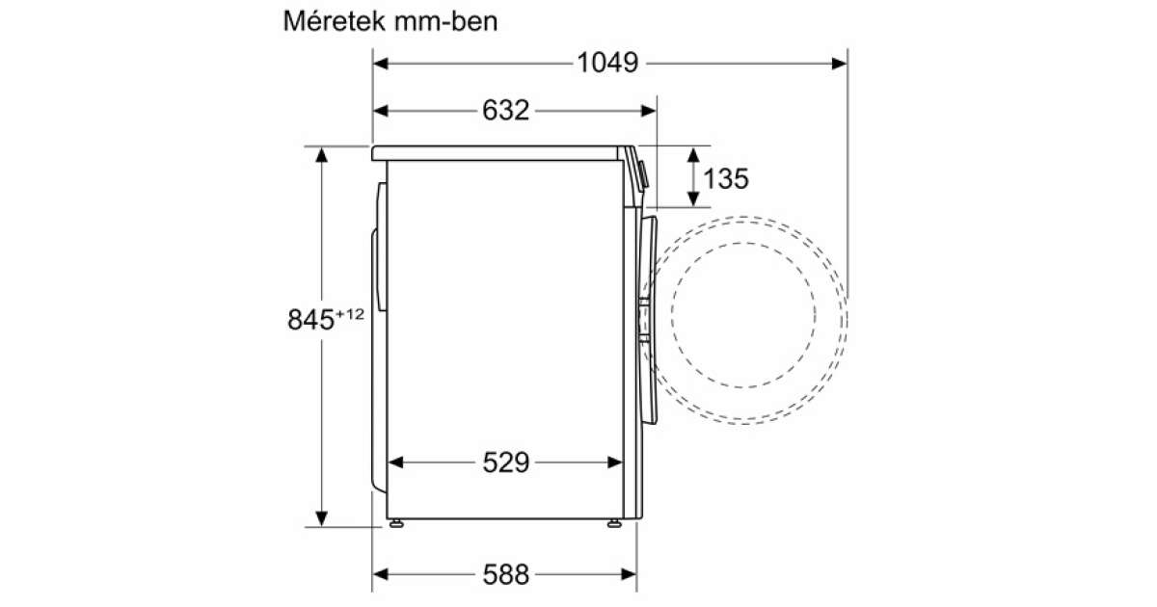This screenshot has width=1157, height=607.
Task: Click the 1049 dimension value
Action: point(607,63)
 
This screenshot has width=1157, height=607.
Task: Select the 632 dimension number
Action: point(505,111)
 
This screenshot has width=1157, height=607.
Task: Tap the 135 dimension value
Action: point(726,178)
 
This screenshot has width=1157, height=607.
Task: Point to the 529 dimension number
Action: point(505,462)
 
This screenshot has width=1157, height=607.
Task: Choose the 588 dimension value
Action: point(505,574)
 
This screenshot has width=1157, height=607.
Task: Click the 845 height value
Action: point(310,320)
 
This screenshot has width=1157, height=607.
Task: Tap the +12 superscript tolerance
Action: point(350,314)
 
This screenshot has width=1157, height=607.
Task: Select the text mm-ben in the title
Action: point(445,21)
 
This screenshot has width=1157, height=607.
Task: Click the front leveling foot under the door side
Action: point(615,523)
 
